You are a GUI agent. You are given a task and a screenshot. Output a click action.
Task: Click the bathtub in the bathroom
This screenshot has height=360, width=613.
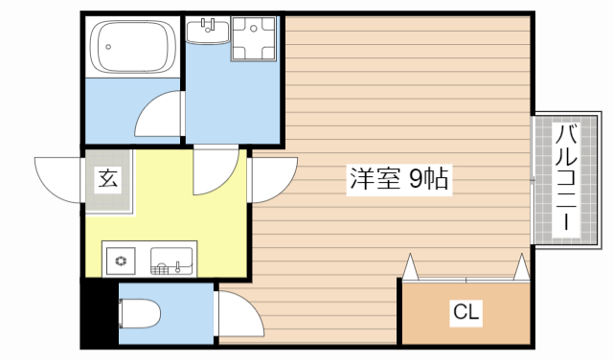[x=132, y=48]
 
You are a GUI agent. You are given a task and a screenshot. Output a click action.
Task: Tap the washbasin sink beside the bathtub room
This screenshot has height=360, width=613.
[x=206, y=34]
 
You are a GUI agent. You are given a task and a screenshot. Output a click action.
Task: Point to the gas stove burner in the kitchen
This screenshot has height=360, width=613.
[x=122, y=259]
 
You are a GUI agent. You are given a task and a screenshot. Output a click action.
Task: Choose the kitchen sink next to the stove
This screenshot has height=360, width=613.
[x=172, y=259]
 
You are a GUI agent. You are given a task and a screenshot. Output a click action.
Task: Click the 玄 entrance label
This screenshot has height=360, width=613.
[x=107, y=179]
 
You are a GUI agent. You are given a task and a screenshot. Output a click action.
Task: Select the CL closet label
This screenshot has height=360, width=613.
[x=465, y=312]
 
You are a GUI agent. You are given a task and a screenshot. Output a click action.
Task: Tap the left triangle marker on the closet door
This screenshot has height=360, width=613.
[x=410, y=266]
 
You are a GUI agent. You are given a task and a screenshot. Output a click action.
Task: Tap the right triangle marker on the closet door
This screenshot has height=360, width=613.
[x=521, y=266]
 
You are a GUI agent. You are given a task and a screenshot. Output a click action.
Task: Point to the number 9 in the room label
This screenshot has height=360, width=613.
[x=417, y=178]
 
